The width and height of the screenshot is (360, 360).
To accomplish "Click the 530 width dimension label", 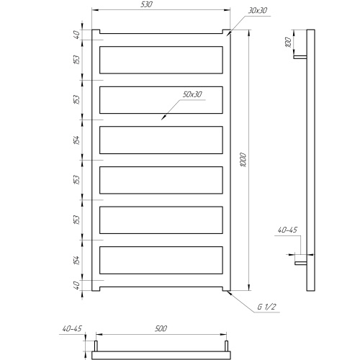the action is pyautogui.click(x=146, y=4).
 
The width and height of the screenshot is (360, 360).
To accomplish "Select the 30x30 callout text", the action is pyautogui.click(x=257, y=10).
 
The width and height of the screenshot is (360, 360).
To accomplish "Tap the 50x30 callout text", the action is pyautogui.click(x=192, y=94).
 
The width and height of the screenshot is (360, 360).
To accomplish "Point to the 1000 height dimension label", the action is pyautogui.click(x=243, y=160).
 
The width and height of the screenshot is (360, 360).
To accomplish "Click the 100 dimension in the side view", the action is pyautogui.click(x=288, y=42).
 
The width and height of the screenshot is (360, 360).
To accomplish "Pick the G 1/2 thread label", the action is pyautogui.click(x=266, y=307).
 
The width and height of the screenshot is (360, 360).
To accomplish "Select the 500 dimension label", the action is pyautogui.click(x=161, y=328).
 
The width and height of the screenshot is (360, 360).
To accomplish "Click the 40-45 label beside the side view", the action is pyautogui.click(x=287, y=230).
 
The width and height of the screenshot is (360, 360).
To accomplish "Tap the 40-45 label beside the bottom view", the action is pyautogui.click(x=72, y=328).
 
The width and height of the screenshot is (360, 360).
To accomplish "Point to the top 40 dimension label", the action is pyautogui.click(x=76, y=35).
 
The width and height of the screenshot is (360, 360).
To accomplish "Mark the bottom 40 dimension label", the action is pyautogui.click(x=76, y=285).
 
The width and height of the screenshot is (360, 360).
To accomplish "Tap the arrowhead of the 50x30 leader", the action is pyautogui.click(x=163, y=117).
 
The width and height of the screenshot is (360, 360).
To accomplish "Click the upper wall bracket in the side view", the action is pyautogui.click(x=300, y=58).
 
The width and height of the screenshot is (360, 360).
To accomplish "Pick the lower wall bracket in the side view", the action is pyautogui.click(x=301, y=264).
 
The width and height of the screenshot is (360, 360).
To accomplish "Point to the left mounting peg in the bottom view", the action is pyautogui.click(x=96, y=346).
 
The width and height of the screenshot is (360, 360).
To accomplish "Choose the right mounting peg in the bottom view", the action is pyautogui.click(x=226, y=346).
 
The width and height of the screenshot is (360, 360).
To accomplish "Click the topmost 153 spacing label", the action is pyautogui.click(x=76, y=60).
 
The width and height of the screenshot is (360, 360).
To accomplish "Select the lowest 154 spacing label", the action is pyautogui.click(x=76, y=260).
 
